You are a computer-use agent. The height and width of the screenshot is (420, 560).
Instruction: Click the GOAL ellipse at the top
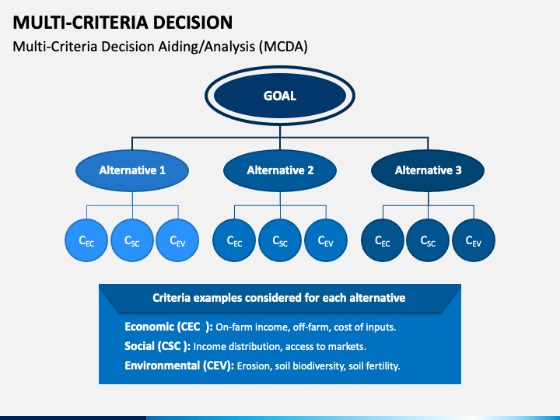pyautogui.click(x=280, y=96)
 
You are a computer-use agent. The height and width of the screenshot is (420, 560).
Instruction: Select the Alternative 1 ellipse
pyautogui.click(x=132, y=170)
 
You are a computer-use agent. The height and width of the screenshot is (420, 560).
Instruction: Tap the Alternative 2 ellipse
pyautogui.click(x=280, y=170)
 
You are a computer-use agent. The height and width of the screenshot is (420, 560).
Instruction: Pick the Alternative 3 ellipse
pyautogui.click(x=428, y=170)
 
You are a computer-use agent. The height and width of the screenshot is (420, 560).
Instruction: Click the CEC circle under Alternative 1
pyautogui.click(x=86, y=240)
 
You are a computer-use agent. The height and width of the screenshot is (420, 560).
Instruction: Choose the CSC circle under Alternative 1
pyautogui.click(x=132, y=240)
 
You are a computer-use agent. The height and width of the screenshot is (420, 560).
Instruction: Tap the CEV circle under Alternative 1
pyautogui.click(x=177, y=240)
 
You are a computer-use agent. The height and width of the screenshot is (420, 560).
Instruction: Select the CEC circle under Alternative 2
pyautogui.click(x=234, y=240)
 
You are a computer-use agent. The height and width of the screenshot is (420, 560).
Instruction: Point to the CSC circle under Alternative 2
pyautogui.click(x=280, y=240)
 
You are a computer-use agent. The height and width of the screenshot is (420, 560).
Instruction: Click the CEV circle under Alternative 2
pyautogui.click(x=326, y=240)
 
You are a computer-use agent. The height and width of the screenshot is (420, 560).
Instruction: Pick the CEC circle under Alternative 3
pyautogui.click(x=383, y=240)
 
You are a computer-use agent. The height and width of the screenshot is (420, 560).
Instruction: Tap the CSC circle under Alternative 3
pyautogui.click(x=428, y=240)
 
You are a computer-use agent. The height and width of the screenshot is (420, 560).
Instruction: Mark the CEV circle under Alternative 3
pyautogui.click(x=474, y=240)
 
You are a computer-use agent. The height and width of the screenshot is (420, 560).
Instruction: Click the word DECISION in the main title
pyautogui.click(x=193, y=23)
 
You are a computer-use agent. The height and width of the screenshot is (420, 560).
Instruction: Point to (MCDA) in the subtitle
pyautogui.click(x=283, y=47)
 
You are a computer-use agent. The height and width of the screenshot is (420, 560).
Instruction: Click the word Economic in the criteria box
pyautogui.click(x=149, y=327)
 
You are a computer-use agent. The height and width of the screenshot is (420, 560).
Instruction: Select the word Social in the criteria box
pyautogui.click(x=140, y=346)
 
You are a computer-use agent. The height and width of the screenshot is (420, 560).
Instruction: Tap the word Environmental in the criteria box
pyautogui.click(x=162, y=366)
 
